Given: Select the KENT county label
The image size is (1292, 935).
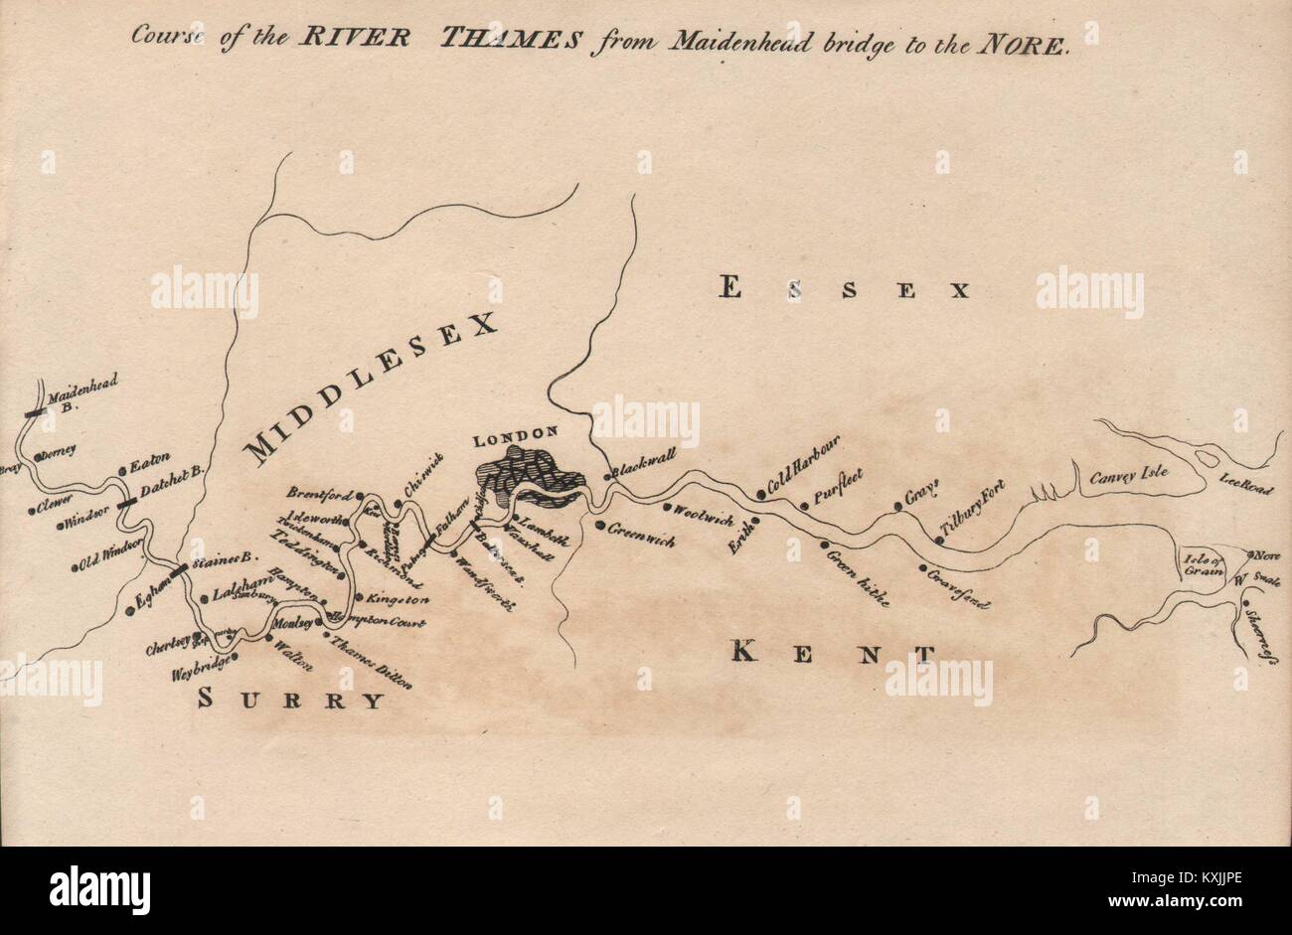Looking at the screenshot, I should [x=833, y=653].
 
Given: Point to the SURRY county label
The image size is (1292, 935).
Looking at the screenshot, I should [x=290, y=700].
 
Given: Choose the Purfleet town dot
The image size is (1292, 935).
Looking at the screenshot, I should [x=805, y=507].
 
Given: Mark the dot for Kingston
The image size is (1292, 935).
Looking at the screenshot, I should [x=357, y=597].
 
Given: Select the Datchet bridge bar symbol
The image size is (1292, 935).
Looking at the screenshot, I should [x=126, y=503].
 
